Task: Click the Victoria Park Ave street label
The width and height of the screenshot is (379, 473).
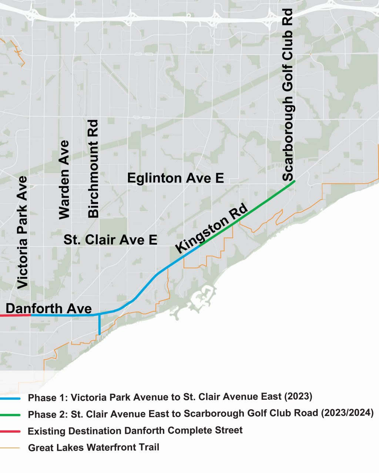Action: tap(23, 232)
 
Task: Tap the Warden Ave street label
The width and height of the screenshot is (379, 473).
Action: tap(64, 180)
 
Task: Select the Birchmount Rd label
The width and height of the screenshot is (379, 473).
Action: tap(93, 168)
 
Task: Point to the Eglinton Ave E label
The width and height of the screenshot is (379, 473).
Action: tap(175, 178)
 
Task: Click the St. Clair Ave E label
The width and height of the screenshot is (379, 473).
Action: tap(110, 239)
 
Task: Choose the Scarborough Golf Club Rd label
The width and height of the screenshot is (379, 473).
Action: tap(288, 95)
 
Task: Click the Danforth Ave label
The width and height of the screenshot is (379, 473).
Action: tap(48, 308)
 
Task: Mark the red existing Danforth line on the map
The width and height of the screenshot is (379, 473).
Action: tap(15, 315)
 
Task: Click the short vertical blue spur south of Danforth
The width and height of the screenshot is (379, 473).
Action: tap(100, 325)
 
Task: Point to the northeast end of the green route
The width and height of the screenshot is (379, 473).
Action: tap(294, 181)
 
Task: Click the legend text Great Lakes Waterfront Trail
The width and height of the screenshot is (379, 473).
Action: tap(94, 447)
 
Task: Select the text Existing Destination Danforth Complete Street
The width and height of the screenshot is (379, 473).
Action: tap(135, 431)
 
